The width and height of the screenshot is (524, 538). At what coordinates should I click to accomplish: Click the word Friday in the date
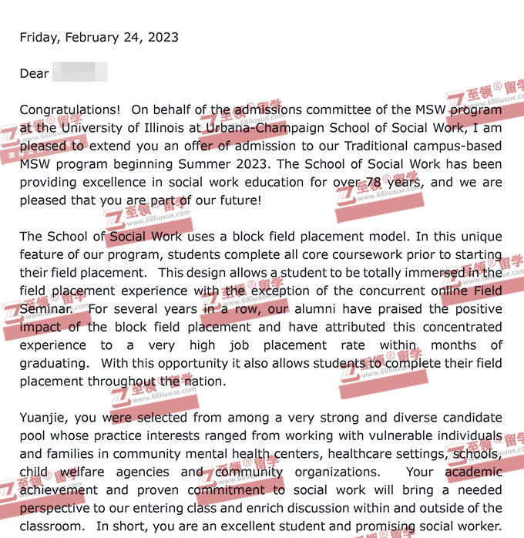pyautogui.click(x=39, y=37)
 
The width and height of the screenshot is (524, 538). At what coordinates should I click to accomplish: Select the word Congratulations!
pyautogui.click(x=70, y=109)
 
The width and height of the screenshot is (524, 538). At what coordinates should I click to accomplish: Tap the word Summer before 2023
pyautogui.click(x=205, y=164)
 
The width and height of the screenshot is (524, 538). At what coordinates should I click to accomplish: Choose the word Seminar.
pyautogui.click(x=46, y=308)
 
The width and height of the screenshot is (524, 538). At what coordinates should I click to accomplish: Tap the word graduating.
pyautogui.click(x=53, y=363)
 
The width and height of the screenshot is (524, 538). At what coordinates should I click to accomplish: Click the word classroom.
pyautogui.click(x=50, y=526)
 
